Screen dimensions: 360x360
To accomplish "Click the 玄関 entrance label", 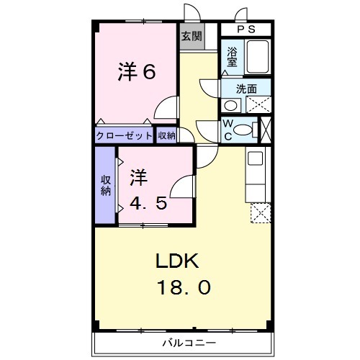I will click(x=191, y=35).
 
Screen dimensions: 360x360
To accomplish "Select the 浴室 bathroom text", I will click(x=232, y=57).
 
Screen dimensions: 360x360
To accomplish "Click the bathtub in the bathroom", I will click(x=257, y=57).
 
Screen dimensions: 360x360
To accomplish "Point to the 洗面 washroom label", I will click(x=247, y=88).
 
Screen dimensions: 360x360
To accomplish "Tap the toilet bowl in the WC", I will click(x=245, y=130).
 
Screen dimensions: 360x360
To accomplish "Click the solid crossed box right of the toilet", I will click(x=266, y=130).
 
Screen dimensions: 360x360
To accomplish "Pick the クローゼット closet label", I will click(x=124, y=135).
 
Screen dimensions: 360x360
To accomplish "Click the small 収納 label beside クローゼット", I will click(x=166, y=135).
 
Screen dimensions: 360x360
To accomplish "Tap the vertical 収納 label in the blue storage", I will click(x=106, y=185).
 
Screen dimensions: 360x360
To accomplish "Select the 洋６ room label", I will click(x=137, y=72).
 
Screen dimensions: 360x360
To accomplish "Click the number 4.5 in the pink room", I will click(x=149, y=203).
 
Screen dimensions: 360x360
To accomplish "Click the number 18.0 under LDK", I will click(x=184, y=288).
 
